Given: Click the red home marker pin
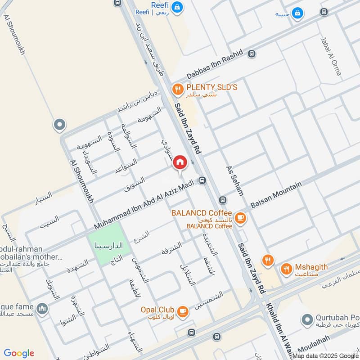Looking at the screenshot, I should click(x=180, y=162).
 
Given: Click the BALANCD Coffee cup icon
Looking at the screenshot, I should click(x=241, y=217).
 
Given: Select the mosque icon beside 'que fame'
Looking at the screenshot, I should click(x=43, y=308).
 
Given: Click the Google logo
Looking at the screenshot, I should click(x=19, y=353).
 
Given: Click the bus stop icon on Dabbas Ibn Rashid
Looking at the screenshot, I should click(x=251, y=54).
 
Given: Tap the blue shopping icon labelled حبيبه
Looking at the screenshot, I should click(x=297, y=14).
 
